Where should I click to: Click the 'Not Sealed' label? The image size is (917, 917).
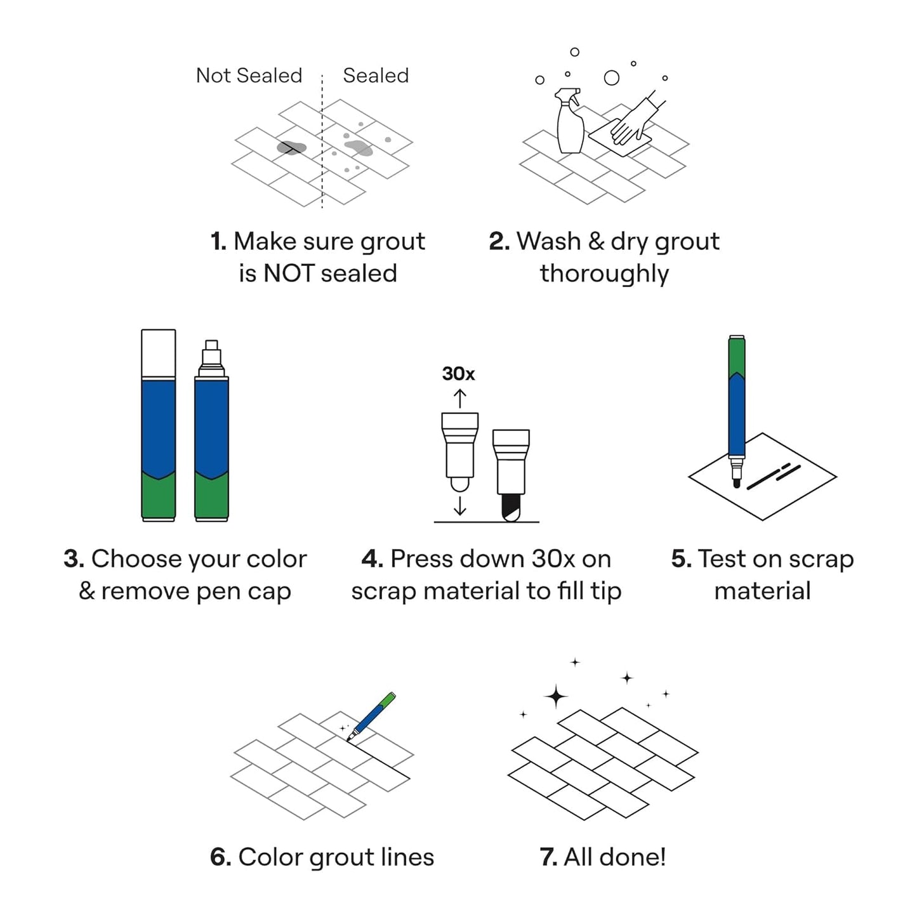coord(249,76)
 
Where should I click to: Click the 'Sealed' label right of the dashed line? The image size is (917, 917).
coord(376,76)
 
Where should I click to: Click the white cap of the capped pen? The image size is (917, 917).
coord(158,353)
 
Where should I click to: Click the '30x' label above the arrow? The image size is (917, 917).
coord(458,374)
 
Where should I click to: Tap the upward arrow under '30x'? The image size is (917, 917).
coord(459,398)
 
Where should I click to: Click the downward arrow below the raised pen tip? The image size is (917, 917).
coord(460,505)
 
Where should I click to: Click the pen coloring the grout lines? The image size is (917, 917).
coord(373,716)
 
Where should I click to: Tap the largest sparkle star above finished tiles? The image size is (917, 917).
coord(556,696)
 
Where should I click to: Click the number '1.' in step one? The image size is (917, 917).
coord(218,242)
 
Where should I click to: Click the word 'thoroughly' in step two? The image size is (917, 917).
coord(604,274)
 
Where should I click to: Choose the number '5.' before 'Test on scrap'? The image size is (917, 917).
coord(681,559)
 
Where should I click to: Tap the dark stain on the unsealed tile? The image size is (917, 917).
coord(291,148)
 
